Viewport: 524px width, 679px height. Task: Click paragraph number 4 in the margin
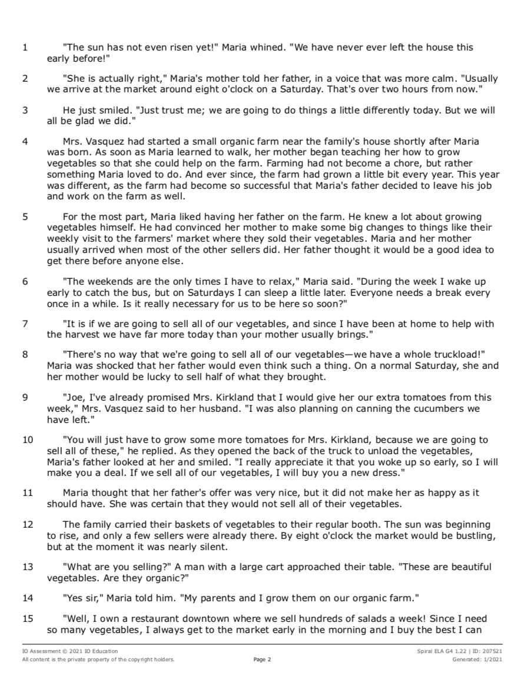(x=25, y=141)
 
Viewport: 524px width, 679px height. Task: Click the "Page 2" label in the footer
(x=262, y=660)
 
